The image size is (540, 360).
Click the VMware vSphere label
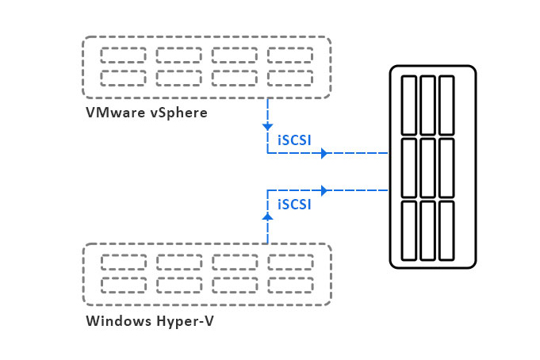[x=146, y=113]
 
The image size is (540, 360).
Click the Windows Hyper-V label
[x=150, y=322]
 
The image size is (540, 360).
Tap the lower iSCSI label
[x=293, y=204]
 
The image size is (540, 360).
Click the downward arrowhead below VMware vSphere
[x=267, y=126]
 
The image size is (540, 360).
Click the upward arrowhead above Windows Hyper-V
[x=267, y=213]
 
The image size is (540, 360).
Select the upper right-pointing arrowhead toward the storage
[x=324, y=153]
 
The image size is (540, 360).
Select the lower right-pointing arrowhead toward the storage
[x=324, y=190]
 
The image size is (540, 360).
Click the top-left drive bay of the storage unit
[x=409, y=105]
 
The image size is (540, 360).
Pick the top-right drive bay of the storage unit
[x=446, y=105]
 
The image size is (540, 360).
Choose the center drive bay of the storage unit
[x=428, y=168]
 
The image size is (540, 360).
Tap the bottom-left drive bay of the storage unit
[x=409, y=230]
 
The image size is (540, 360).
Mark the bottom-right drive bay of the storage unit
[x=446, y=230]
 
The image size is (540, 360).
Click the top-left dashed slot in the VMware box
[x=123, y=55]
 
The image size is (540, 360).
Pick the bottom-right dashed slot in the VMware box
[x=289, y=78]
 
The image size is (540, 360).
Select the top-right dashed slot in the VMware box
[x=289, y=55]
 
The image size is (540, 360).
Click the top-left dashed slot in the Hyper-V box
[x=124, y=262]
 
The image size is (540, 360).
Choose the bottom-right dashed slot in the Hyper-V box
[x=290, y=285]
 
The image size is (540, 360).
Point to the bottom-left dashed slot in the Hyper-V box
[x=124, y=285]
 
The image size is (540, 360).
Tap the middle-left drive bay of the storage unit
[x=409, y=168]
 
